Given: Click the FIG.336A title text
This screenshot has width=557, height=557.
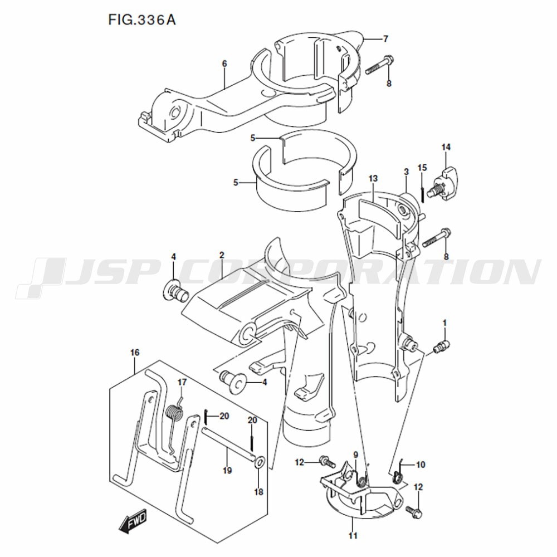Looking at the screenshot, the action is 141,20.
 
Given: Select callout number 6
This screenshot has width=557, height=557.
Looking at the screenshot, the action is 224,64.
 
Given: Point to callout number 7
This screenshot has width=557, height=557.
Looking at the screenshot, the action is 386,39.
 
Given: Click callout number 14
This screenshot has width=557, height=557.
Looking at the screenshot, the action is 446,147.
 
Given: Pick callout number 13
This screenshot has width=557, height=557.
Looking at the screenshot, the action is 373,178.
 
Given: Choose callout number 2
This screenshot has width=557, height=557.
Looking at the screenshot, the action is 222,255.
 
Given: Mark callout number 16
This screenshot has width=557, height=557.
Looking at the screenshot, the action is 135,353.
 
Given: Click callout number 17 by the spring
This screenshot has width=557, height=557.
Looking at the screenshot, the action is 182,382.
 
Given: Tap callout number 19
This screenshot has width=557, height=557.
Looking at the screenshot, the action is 227,470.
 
